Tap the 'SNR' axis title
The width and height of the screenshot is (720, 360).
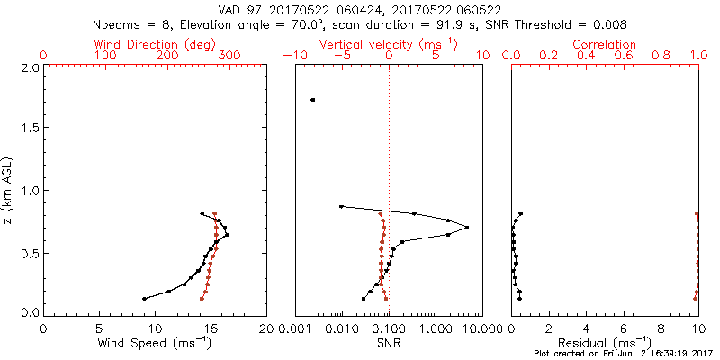point(389,343)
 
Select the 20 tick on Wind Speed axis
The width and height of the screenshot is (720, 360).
point(266,328)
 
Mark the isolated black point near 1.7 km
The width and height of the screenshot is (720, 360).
point(312,100)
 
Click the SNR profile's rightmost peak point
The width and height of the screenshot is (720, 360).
point(467,228)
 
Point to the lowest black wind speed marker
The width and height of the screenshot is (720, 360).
point(144,298)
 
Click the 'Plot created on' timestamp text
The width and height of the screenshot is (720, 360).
point(621,355)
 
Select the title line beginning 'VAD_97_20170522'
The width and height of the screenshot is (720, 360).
point(359,11)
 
